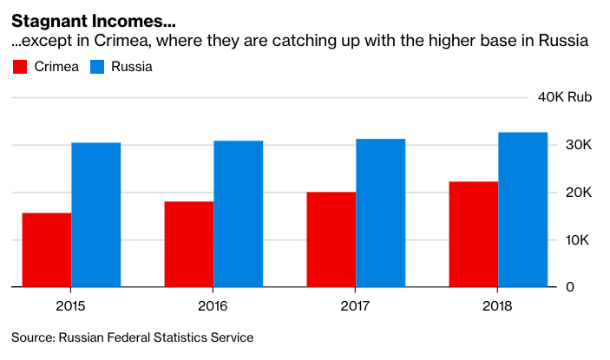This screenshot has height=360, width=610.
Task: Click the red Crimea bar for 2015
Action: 47,250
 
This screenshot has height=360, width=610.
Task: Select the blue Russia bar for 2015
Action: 96,214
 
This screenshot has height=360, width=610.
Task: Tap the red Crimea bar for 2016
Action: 189,244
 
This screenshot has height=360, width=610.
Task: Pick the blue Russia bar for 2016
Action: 239,213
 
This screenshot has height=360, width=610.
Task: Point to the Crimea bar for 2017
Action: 331,239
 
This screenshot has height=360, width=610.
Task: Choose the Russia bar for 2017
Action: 381,213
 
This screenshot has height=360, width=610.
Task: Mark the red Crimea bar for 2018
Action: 474,234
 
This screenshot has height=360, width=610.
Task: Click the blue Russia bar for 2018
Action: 523,209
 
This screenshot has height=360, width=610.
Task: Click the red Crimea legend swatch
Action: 21,67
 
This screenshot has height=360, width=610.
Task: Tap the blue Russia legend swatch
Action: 98,67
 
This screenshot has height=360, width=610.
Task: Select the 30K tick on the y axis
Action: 579,145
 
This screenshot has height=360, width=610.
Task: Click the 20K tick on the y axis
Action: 579,193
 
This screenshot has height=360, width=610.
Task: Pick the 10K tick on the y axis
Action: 579,239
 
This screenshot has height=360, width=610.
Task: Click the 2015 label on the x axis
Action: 71,306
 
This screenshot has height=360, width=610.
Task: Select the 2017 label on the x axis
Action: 356,306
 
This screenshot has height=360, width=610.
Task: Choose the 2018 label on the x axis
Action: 498,306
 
